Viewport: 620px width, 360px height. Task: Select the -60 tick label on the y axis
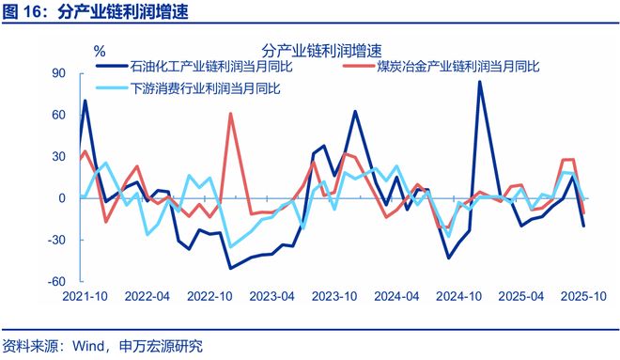57,281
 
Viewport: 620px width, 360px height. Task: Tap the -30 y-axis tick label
57,240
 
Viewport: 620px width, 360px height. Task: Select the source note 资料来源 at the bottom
30,344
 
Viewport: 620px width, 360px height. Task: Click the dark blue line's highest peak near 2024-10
479,82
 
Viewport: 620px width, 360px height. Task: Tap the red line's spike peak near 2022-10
230,114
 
